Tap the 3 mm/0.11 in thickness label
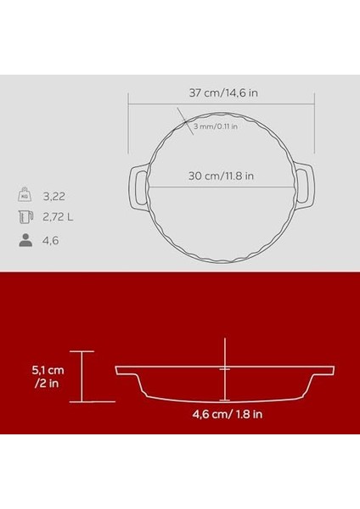pyautogui.click(x=215, y=126)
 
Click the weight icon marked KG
pyautogui.click(x=26, y=194)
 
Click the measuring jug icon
pyautogui.click(x=26, y=217)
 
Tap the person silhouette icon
pyautogui.click(x=26, y=240)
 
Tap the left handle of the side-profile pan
pyautogui.click(x=127, y=372)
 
